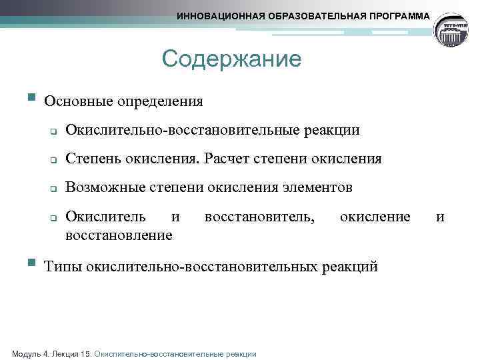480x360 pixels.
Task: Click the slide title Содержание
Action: tap(231, 60)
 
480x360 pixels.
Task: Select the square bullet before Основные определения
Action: tap(31, 98)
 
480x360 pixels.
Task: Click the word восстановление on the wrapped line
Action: tap(119, 235)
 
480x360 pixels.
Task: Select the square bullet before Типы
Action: tap(31, 263)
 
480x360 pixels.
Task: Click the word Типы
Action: tap(62, 267)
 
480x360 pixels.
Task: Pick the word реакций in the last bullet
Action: tap(349, 267)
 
